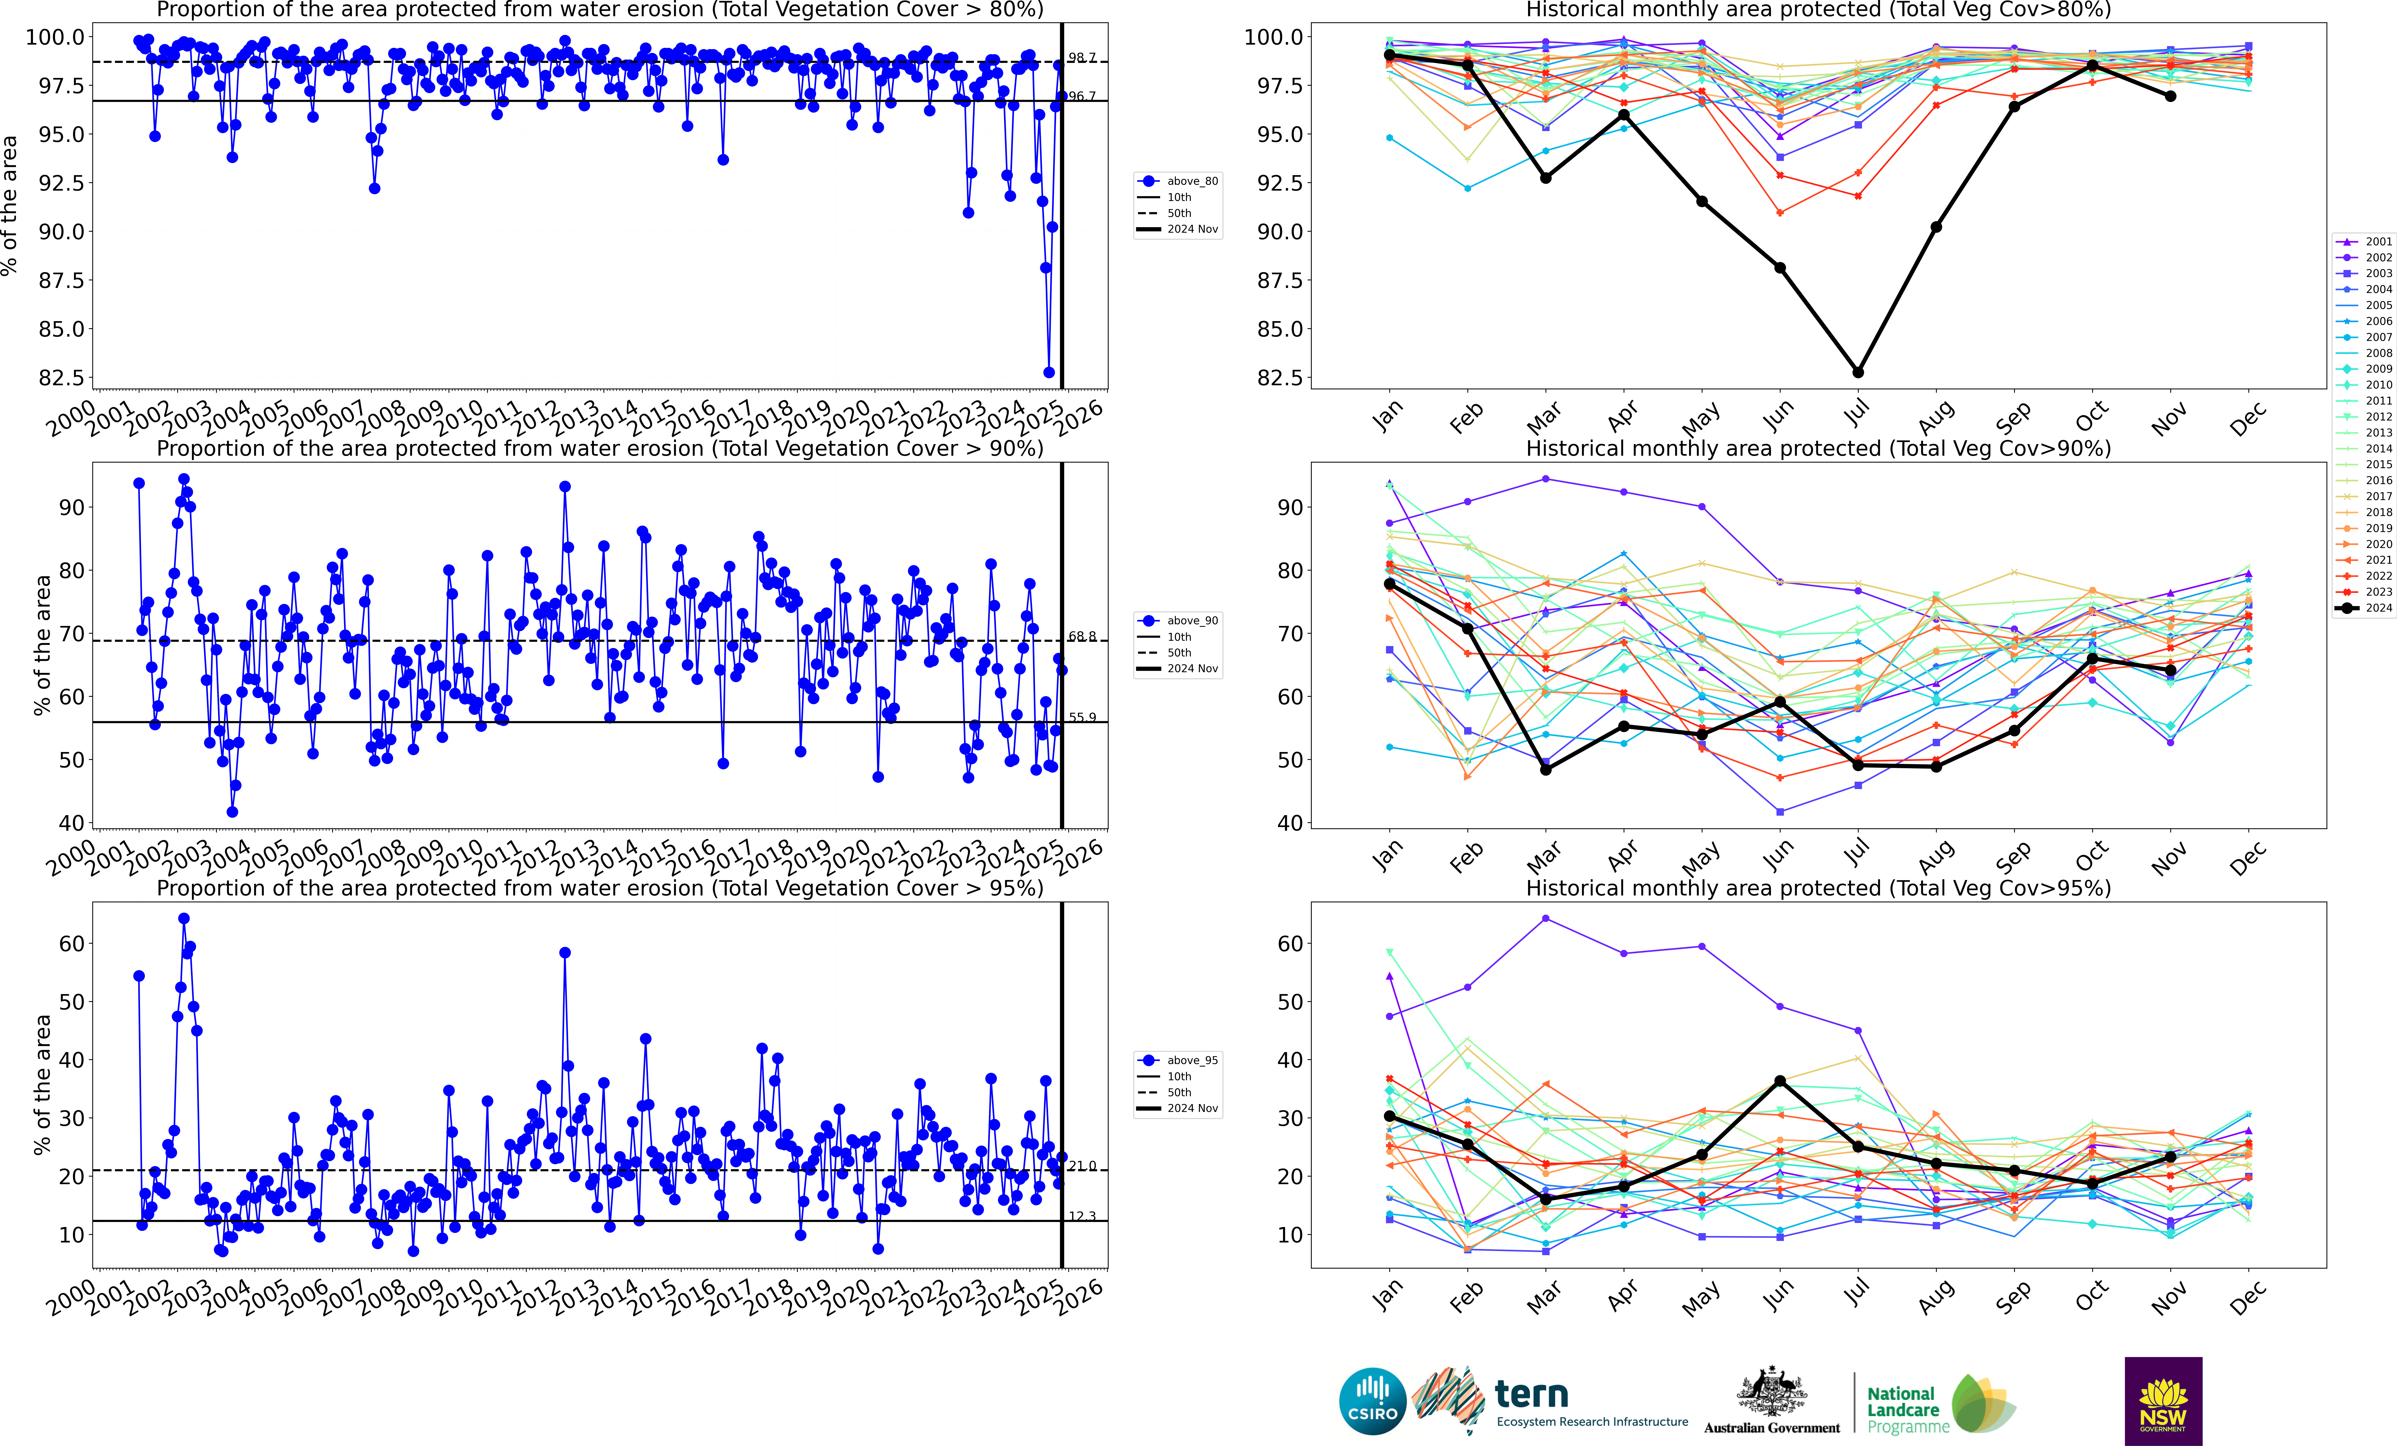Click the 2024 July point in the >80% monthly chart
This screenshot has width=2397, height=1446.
[x=1858, y=372]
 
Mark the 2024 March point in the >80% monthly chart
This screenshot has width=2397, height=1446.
[x=1546, y=178]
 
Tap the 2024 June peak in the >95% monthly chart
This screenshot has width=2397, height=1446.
[x=1780, y=1081]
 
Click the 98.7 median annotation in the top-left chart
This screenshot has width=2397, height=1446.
[x=1082, y=58]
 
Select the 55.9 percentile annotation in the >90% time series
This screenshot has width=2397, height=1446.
[x=1082, y=718]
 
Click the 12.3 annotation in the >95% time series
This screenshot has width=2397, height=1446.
[x=1082, y=1217]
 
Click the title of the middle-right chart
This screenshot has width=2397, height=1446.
[x=1818, y=448]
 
